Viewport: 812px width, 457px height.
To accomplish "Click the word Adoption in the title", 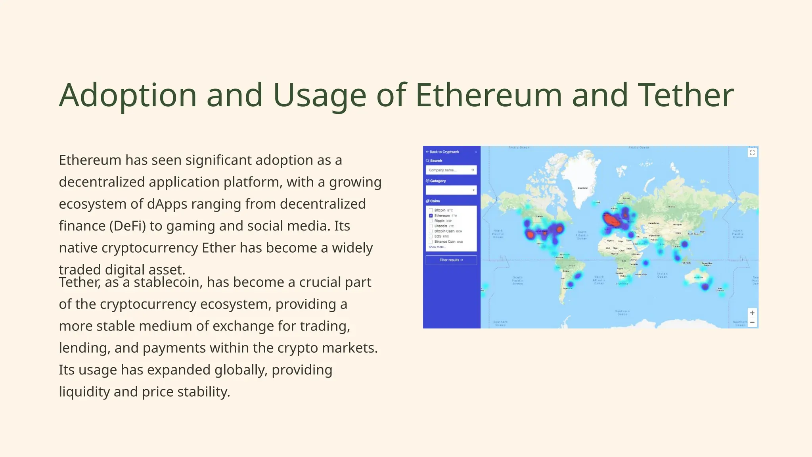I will pos(128,95).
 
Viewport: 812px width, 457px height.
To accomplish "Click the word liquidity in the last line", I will pos(84,392).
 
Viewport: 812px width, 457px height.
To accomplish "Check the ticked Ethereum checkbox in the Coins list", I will pos(431,216).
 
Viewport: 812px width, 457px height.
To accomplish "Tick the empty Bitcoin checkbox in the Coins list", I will pos(431,210).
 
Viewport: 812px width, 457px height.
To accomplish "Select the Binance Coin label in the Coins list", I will pos(444,242).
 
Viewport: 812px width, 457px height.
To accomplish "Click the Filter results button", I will pos(451,260).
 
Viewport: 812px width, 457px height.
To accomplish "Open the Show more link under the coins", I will pos(437,247).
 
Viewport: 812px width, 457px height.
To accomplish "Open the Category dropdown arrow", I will pos(473,190).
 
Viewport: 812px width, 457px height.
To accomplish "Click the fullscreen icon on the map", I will pos(752,153).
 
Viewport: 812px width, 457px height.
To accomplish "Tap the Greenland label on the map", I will pos(582,188).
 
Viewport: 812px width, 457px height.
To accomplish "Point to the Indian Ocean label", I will pos(662,275).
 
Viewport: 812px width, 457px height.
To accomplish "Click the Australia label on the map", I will pos(698,278).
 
